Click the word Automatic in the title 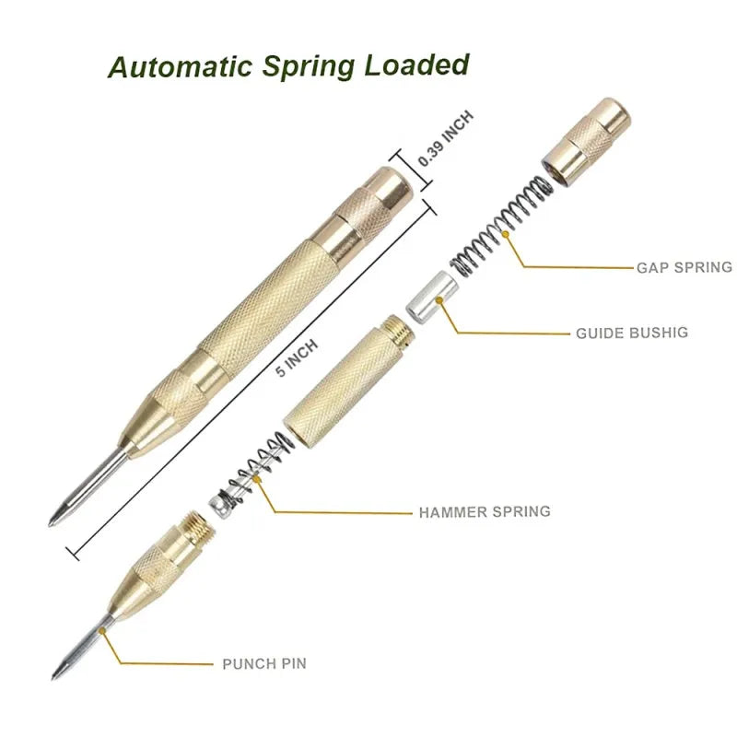click(x=179, y=67)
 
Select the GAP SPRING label click(x=684, y=267)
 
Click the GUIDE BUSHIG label click(x=632, y=332)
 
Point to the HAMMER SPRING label click(x=484, y=510)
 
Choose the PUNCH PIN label click(x=263, y=662)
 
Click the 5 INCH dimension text click(x=298, y=357)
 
